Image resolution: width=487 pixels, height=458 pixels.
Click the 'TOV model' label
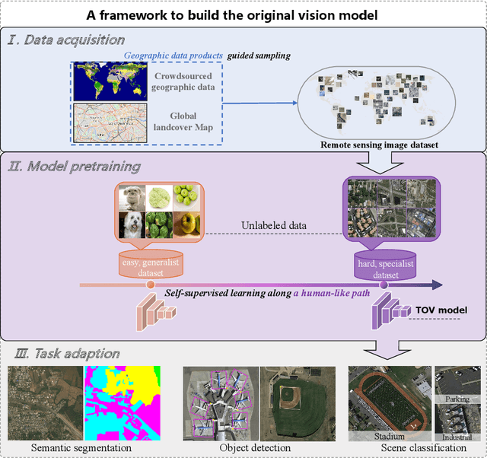click(440, 310)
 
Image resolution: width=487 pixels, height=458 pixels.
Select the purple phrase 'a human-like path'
click(336, 291)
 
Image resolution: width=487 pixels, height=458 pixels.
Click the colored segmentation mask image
click(122, 402)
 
